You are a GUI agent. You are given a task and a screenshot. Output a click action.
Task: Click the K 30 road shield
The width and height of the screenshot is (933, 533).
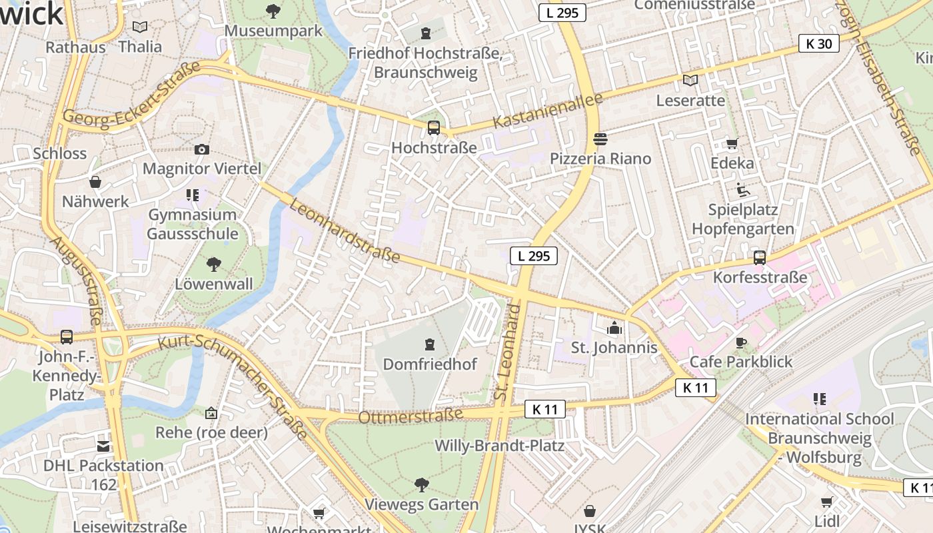(818, 44)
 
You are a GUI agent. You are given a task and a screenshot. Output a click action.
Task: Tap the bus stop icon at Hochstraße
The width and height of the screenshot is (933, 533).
(434, 127)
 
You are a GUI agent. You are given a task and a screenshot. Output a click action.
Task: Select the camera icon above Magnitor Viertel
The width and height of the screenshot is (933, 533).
(202, 149)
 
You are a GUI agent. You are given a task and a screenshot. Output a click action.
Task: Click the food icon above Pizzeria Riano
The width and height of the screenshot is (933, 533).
(600, 139)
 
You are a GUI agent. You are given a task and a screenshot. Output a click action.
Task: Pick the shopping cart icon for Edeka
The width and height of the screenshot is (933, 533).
(732, 143)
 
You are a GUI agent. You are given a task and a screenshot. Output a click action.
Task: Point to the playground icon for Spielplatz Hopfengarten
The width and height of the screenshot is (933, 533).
(743, 190)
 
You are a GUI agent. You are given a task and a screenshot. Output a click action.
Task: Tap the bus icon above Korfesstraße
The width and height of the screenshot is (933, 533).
(759, 257)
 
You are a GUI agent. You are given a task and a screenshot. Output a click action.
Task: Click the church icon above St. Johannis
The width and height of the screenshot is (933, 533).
(614, 328)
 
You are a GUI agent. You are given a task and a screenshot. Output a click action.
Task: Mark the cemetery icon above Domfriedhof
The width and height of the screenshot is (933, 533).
(430, 344)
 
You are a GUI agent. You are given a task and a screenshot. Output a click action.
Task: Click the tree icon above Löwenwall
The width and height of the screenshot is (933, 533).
(214, 265)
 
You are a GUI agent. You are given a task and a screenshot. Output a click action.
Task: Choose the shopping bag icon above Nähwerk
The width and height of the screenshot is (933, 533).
(95, 182)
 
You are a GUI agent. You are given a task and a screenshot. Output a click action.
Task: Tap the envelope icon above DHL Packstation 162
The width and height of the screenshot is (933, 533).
(103, 446)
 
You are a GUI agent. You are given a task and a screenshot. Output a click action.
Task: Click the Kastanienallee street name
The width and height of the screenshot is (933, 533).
(547, 111)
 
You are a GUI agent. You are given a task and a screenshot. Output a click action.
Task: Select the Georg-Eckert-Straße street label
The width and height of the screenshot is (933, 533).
(131, 93)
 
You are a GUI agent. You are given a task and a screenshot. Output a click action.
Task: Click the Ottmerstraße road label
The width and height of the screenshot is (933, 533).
(411, 416)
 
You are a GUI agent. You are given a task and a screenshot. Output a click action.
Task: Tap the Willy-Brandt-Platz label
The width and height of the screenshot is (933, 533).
(499, 445)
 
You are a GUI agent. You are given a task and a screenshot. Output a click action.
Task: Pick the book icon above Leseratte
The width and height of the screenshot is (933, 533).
(690, 81)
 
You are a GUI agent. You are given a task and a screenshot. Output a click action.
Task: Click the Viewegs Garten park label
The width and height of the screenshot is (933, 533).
(421, 504)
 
